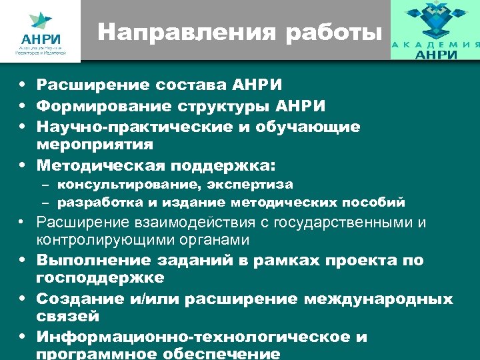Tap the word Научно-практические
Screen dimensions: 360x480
[x=133, y=127]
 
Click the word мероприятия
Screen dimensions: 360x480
[x=95, y=143]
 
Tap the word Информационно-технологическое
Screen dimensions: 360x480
[x=193, y=337]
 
